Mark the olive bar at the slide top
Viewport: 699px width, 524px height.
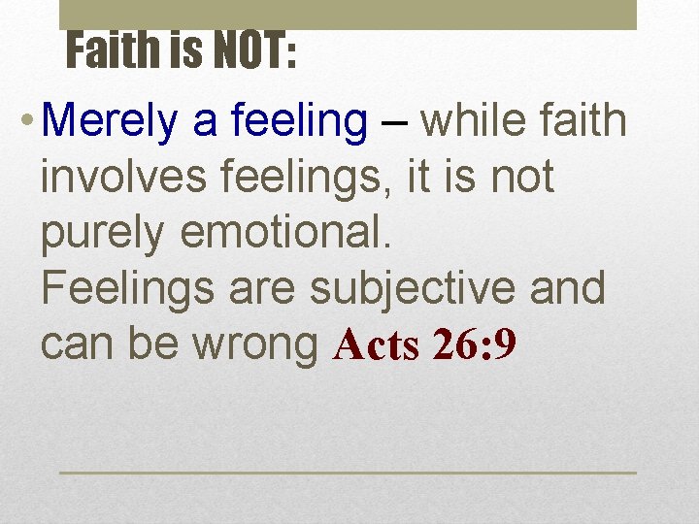(x=348, y=14)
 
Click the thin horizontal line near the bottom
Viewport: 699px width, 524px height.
(x=348, y=473)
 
